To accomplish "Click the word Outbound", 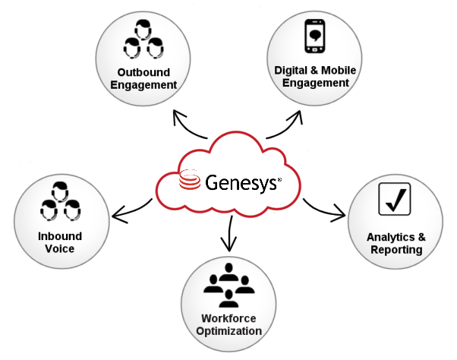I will pyautogui.click(x=143, y=72).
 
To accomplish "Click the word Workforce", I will pyautogui.click(x=228, y=318).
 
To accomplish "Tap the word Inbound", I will pyautogui.click(x=60, y=236).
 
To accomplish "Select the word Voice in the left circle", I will pyautogui.click(x=60, y=248).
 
